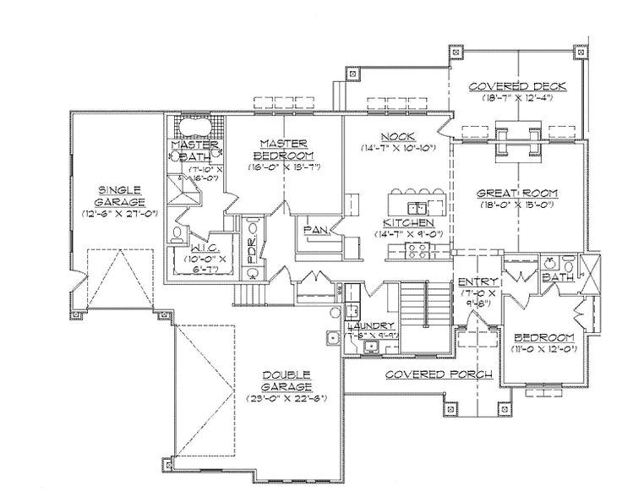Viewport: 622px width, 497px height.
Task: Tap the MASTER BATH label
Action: click(x=195, y=150)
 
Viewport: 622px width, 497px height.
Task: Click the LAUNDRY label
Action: click(x=370, y=325)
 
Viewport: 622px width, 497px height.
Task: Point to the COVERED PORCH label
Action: click(x=414, y=373)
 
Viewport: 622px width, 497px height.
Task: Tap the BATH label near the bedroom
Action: click(x=558, y=276)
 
